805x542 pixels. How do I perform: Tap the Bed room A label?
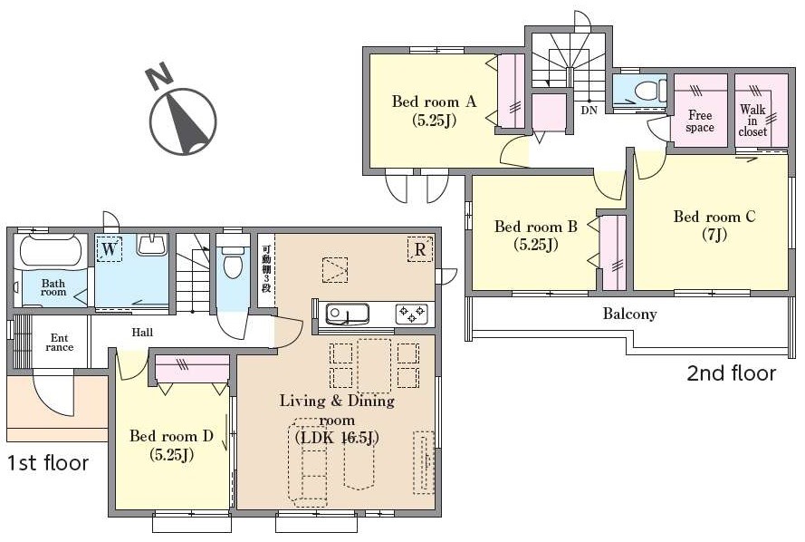[x=435, y=110]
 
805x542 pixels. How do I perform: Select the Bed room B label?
[x=536, y=235]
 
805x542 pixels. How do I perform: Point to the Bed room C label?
[x=714, y=225]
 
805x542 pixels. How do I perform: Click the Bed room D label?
[x=171, y=445]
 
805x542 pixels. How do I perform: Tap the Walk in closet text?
[x=752, y=121]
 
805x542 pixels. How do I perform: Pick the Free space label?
[x=700, y=121]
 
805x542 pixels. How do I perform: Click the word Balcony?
[x=630, y=314]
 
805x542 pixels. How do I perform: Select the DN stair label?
[x=589, y=110]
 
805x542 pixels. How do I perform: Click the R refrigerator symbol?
[x=420, y=249]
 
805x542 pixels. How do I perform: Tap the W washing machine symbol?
[x=110, y=249]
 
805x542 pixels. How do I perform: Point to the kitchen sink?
[x=348, y=314]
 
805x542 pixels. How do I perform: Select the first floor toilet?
[x=233, y=260]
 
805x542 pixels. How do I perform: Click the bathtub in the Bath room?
[x=52, y=251]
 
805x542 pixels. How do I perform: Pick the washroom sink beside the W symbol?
[x=152, y=246]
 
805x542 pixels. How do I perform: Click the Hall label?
[x=142, y=333]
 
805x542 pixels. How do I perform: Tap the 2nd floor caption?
[x=731, y=373]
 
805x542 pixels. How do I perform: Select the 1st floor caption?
[x=48, y=463]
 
